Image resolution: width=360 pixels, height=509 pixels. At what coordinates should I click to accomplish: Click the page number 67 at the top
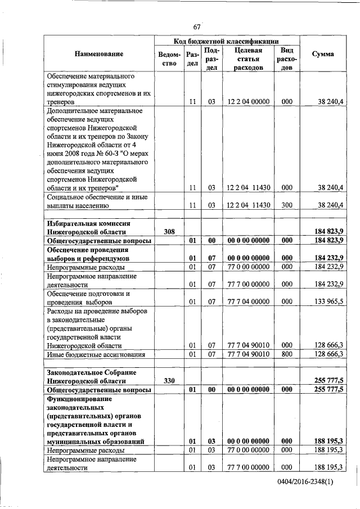tap(197, 27)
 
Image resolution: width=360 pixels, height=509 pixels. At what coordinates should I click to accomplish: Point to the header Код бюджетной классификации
tap(226, 41)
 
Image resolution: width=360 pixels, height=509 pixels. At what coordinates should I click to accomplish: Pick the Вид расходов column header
tap(286, 58)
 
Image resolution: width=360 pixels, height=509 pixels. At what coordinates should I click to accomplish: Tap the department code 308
tap(169, 231)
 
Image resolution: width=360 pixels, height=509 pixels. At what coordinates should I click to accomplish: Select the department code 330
tap(169, 381)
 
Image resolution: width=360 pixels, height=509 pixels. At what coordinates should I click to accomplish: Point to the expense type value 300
tap(286, 205)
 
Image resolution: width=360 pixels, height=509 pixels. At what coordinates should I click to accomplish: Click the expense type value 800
tap(286, 354)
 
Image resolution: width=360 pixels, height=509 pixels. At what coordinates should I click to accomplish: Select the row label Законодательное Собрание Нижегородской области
tap(89, 376)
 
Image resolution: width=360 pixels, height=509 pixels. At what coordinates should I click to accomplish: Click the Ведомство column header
tap(169, 59)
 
